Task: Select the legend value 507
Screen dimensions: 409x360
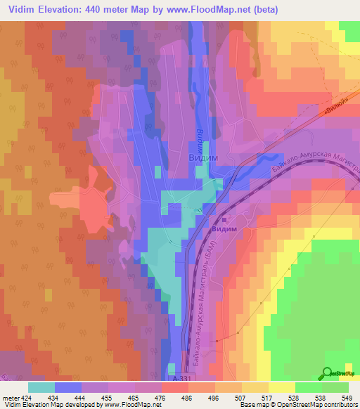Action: (238, 398)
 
